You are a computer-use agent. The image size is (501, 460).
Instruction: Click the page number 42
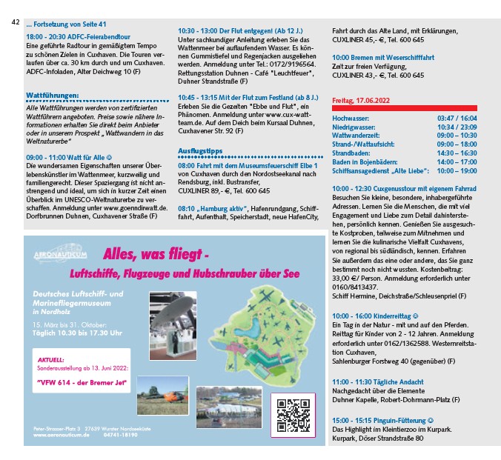16,22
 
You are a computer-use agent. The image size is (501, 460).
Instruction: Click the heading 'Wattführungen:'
52,96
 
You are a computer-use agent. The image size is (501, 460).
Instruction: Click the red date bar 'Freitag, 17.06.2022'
362,99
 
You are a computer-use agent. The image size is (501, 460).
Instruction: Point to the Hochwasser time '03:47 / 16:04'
457,119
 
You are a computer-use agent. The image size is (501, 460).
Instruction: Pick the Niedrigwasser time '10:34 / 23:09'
457,127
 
